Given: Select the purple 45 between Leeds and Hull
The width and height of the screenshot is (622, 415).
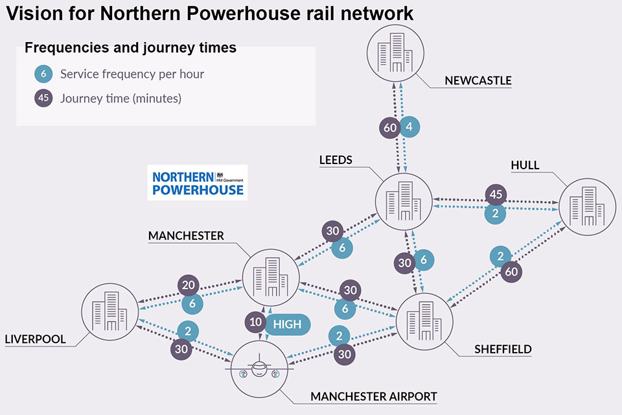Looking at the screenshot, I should tap(496, 195).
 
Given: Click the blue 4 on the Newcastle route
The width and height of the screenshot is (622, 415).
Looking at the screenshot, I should tap(409, 127).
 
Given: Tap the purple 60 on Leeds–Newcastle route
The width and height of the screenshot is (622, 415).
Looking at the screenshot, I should tap(390, 128).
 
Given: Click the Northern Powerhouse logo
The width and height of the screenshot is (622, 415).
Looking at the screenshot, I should tap(197, 182).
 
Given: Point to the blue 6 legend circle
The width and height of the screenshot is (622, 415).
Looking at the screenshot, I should tap(43, 74).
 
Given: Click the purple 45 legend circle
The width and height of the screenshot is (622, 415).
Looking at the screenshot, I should tap(43, 99).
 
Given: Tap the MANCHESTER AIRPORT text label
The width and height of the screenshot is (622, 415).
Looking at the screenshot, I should tap(374, 396).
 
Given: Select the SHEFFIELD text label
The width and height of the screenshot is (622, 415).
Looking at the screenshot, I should tap(503, 349).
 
